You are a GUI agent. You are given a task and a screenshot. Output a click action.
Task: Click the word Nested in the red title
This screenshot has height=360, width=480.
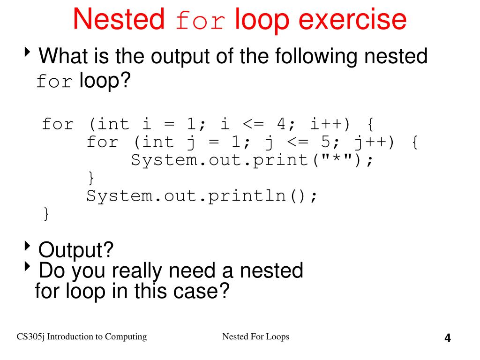[x=119, y=20]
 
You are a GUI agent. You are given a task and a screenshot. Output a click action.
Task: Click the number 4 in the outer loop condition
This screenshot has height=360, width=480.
[x=281, y=124]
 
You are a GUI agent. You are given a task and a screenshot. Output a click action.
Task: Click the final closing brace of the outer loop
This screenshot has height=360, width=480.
[x=46, y=214]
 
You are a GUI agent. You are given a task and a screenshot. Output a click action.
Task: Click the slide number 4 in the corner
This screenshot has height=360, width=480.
[x=448, y=338]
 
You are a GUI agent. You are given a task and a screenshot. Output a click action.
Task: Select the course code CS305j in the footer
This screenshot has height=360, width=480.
[x=31, y=337]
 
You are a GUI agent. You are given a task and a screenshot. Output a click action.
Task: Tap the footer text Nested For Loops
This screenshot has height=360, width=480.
[x=255, y=337]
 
